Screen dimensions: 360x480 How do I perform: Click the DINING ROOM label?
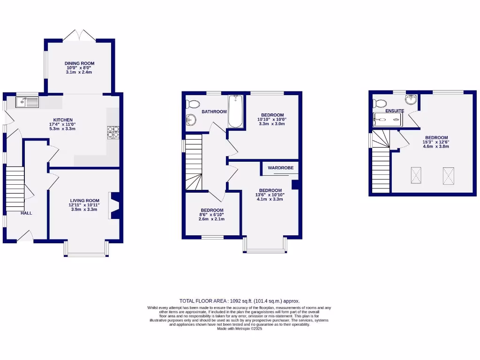click(79, 63)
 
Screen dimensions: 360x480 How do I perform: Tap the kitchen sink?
click(27, 101)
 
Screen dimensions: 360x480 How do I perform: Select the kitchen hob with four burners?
click(112, 133)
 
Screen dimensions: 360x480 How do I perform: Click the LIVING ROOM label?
click(85, 200)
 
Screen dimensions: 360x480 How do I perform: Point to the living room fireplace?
click(114, 205)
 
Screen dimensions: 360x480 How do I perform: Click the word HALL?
click(26, 213)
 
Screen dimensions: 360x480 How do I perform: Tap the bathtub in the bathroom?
click(236, 112)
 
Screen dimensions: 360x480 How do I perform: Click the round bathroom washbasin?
click(191, 120)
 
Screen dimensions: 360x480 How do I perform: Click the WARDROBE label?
click(281, 167)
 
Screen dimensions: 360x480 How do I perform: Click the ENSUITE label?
click(395, 111)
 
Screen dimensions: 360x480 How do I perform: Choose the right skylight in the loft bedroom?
click(448, 176)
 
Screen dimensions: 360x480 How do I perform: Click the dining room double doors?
click(79, 35)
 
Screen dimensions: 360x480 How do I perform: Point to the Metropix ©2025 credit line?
click(240, 329)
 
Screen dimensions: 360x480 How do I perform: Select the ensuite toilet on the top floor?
click(379, 103)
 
